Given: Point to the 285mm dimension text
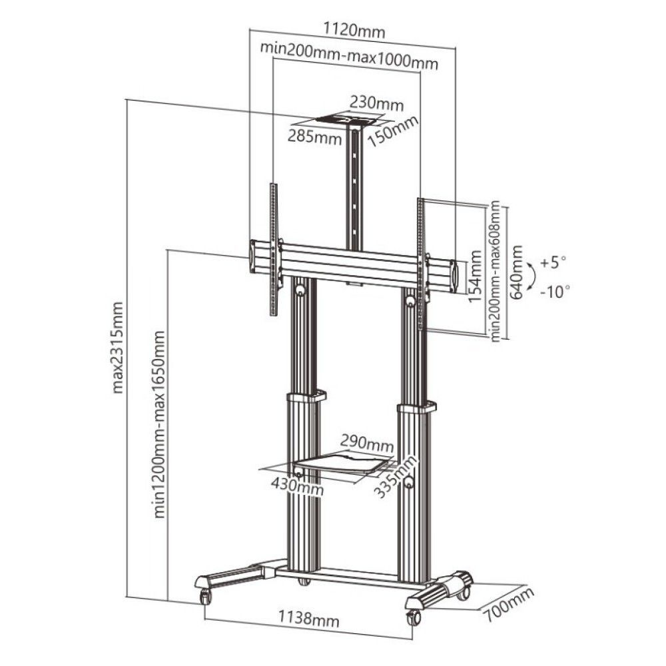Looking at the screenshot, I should pos(310,136).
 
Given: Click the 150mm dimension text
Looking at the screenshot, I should pos(396,133).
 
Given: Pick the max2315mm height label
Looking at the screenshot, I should pos(118,346).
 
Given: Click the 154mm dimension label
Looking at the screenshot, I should pos(474,276).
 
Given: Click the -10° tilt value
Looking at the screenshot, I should pos(553,291).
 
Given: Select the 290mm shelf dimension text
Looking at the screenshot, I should pos(366,442).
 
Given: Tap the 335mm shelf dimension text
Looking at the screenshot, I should pos(397,474).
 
